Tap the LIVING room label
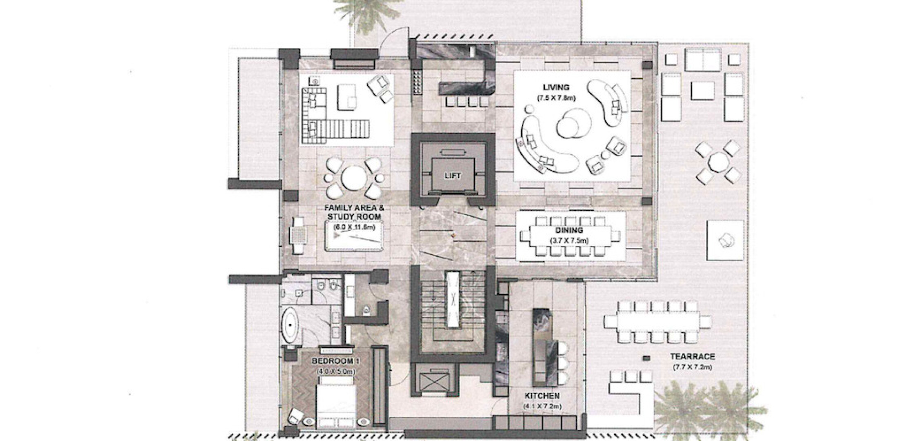(x=556, y=87)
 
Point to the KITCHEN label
(x=542, y=396)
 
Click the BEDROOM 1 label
(x=335, y=361)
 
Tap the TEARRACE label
(x=693, y=356)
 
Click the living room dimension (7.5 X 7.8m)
(x=556, y=98)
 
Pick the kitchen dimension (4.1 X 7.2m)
(x=543, y=407)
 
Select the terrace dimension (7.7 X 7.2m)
(x=693, y=367)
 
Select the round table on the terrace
(x=719, y=162)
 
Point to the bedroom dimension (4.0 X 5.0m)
(x=335, y=372)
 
